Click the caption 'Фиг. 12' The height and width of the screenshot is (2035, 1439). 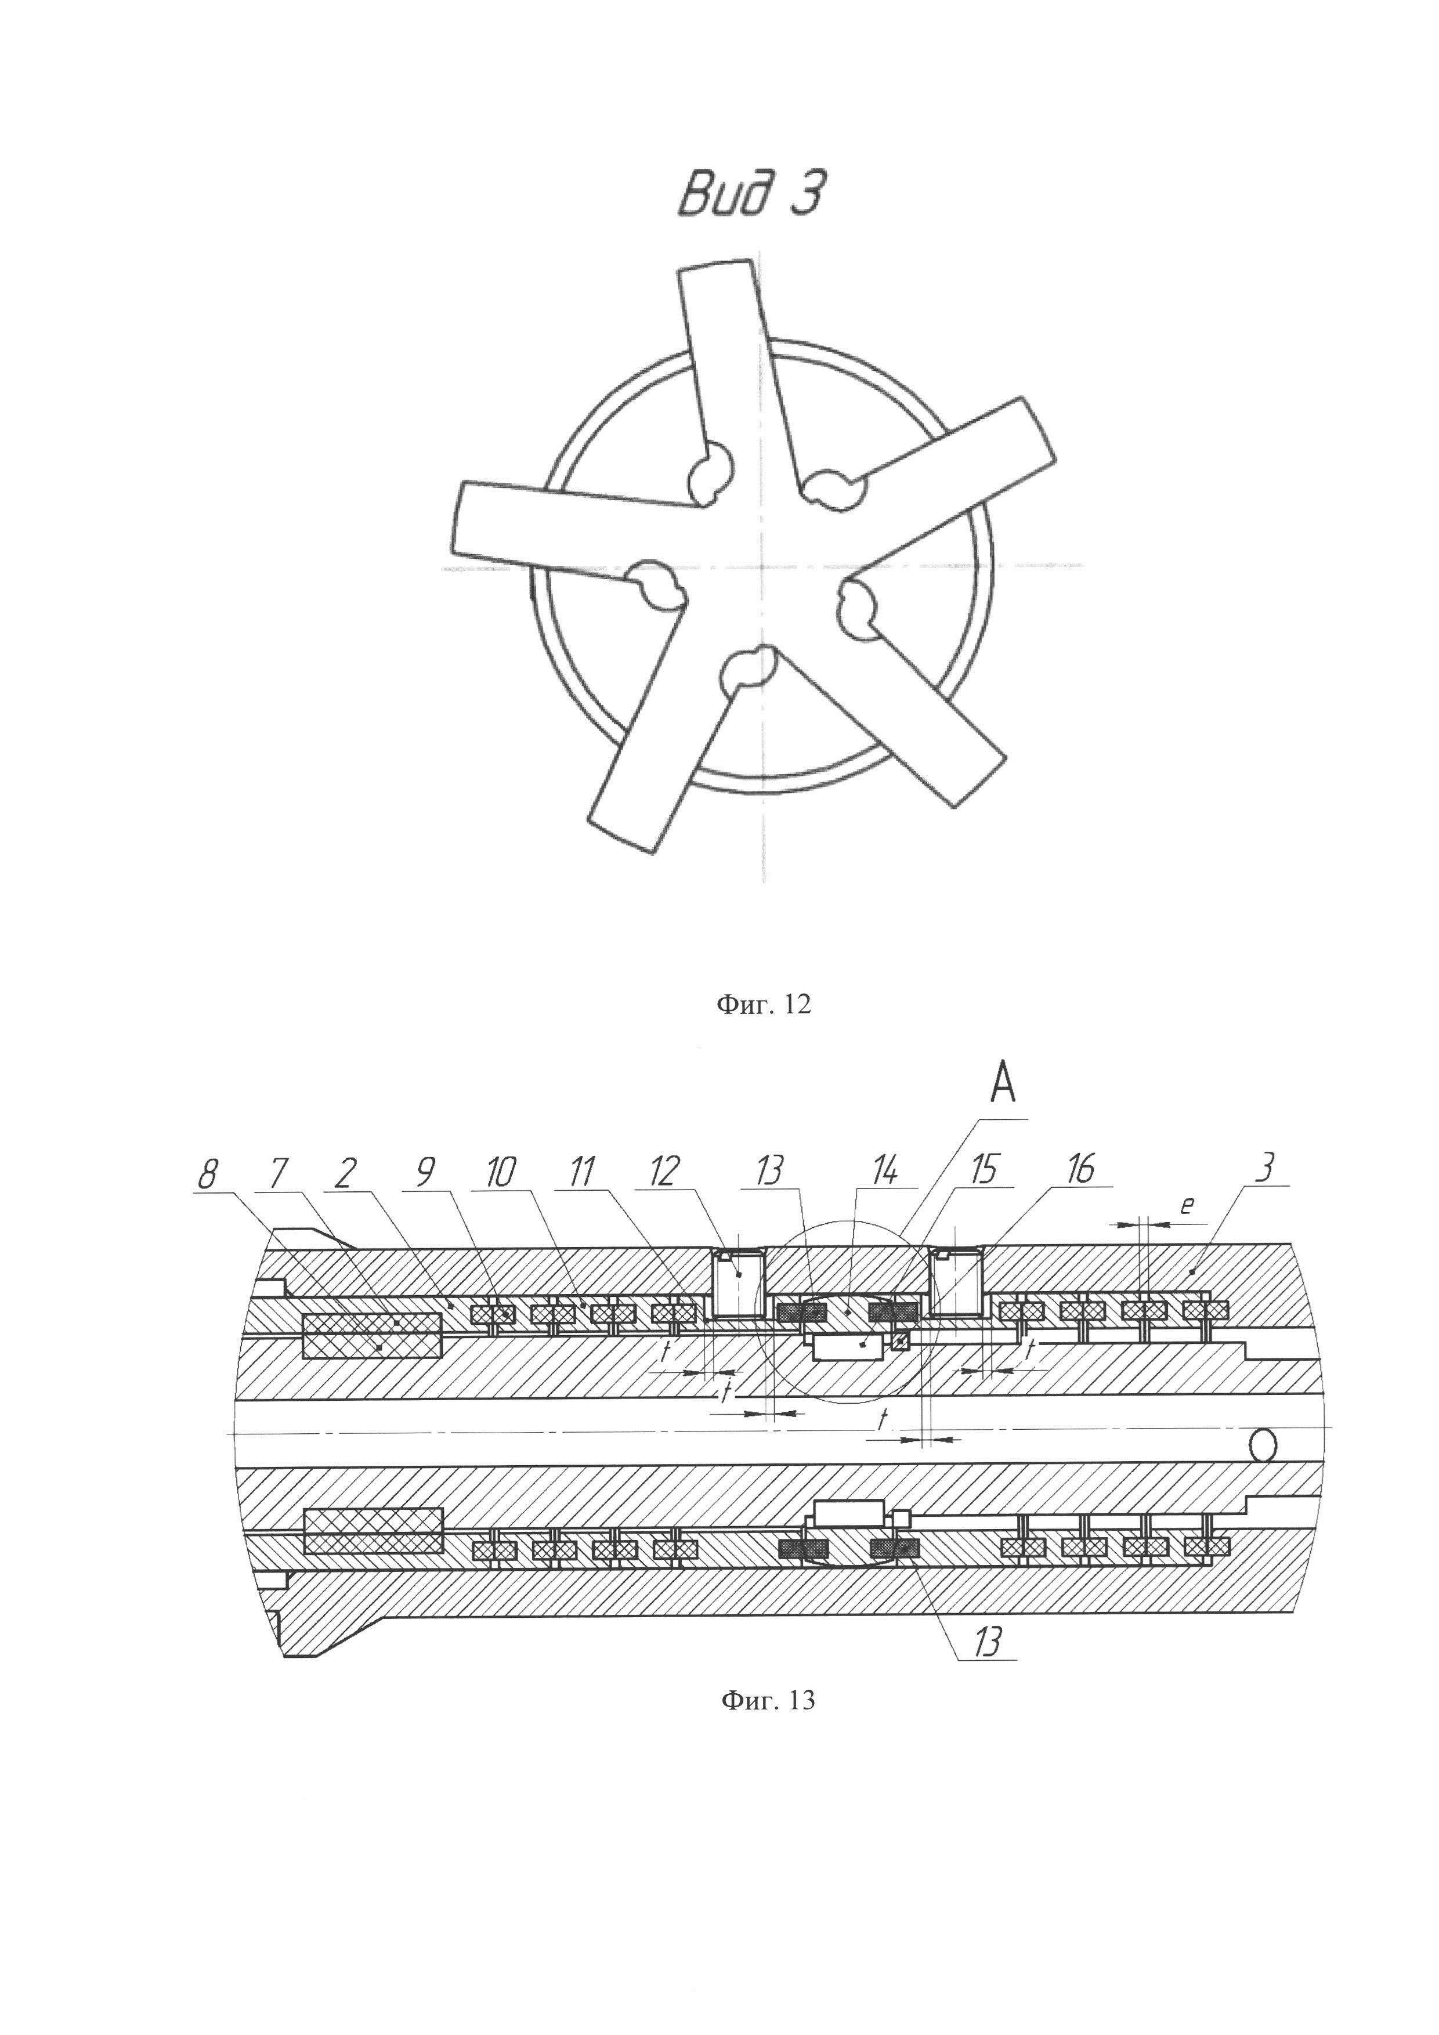pyautogui.click(x=763, y=1004)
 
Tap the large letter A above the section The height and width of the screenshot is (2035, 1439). pyautogui.click(x=1002, y=1085)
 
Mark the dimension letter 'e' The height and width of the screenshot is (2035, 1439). pyautogui.click(x=1187, y=1207)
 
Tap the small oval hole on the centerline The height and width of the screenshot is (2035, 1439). pyautogui.click(x=1263, y=1445)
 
